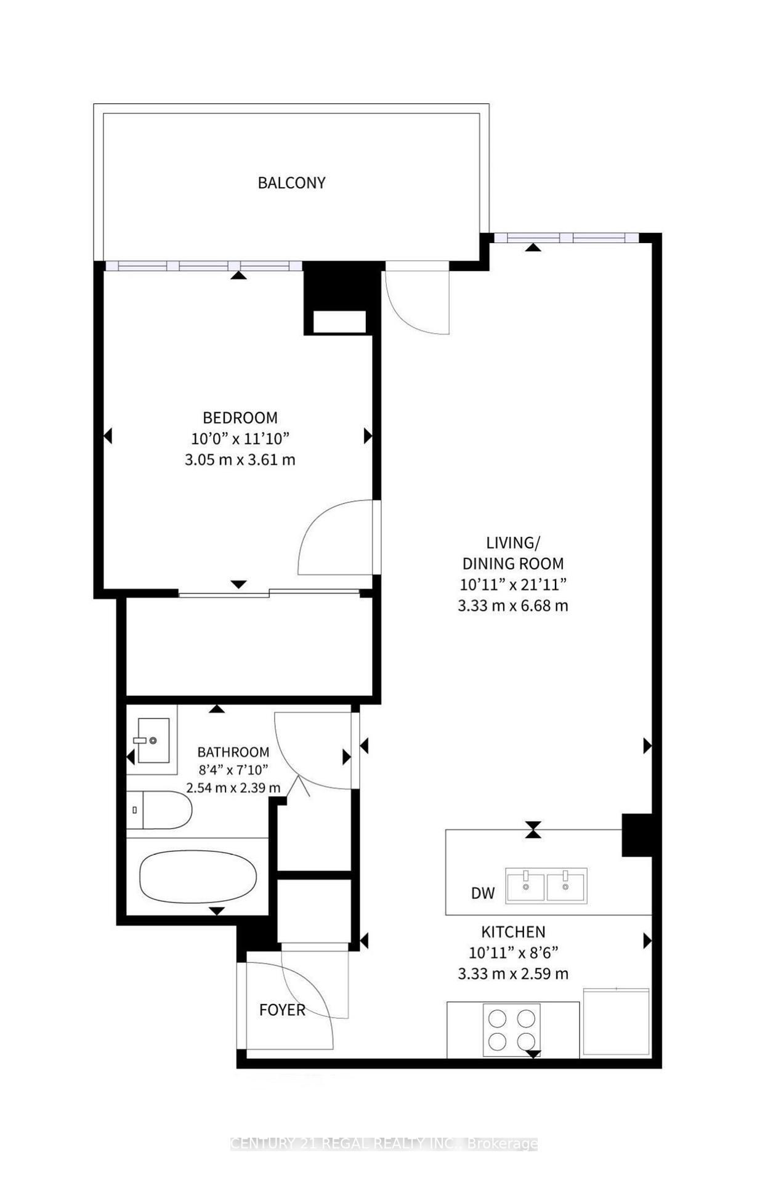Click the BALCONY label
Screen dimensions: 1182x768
click(291, 183)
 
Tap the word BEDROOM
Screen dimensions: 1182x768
click(240, 418)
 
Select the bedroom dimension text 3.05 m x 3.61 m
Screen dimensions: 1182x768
click(240, 460)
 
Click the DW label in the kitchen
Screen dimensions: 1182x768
click(483, 893)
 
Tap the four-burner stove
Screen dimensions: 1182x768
click(512, 1030)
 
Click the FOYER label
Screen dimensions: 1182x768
click(282, 1010)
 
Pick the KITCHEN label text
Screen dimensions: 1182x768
click(513, 932)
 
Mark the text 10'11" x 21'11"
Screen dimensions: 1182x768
click(513, 584)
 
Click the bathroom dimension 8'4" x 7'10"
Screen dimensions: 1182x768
click(233, 770)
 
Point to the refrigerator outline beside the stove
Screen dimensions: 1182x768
click(615, 1023)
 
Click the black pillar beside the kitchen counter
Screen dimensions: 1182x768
click(636, 835)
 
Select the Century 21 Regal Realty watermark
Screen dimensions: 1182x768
click(384, 1144)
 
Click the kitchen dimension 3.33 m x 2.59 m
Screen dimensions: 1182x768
click(513, 974)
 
